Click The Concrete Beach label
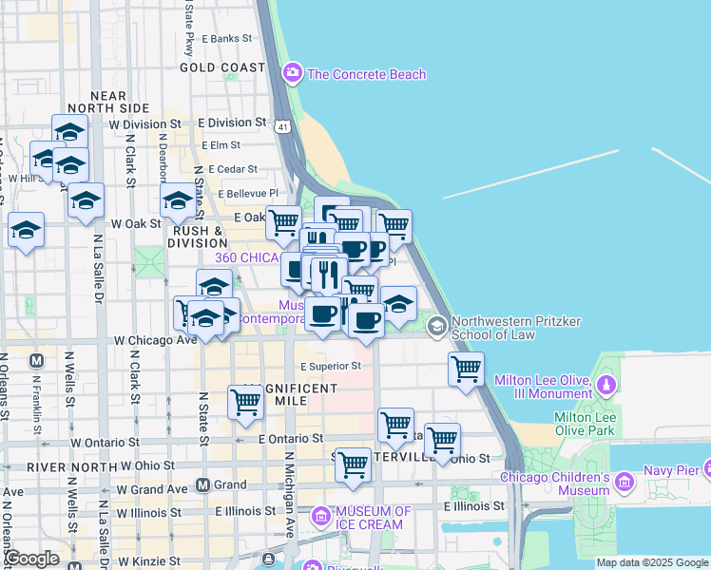[x=367, y=74]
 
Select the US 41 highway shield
[x=282, y=125]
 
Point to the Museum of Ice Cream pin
[x=321, y=517]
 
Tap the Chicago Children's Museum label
[x=555, y=484]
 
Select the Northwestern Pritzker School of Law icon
[x=437, y=327]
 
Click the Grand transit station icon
[x=202, y=484]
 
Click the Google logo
[x=32, y=559]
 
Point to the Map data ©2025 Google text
[x=652, y=562]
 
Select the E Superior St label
[x=331, y=366]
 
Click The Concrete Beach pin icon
[x=292, y=72]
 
